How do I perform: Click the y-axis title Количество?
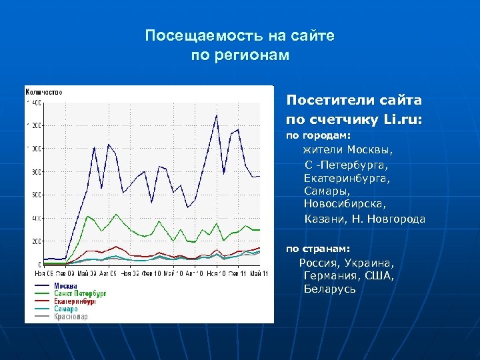(44, 91)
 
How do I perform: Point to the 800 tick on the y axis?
(35, 172)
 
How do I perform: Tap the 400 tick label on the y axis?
(35, 218)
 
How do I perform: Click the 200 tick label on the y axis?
(35, 241)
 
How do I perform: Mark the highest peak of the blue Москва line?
(216, 116)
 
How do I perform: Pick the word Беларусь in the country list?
(329, 289)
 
